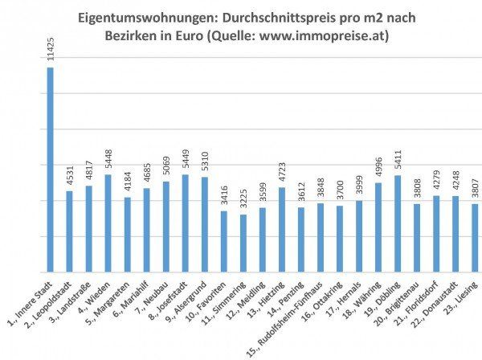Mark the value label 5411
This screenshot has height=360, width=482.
(x=398, y=160)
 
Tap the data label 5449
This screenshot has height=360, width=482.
(x=186, y=160)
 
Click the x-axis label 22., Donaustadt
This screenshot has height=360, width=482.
(x=437, y=301)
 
